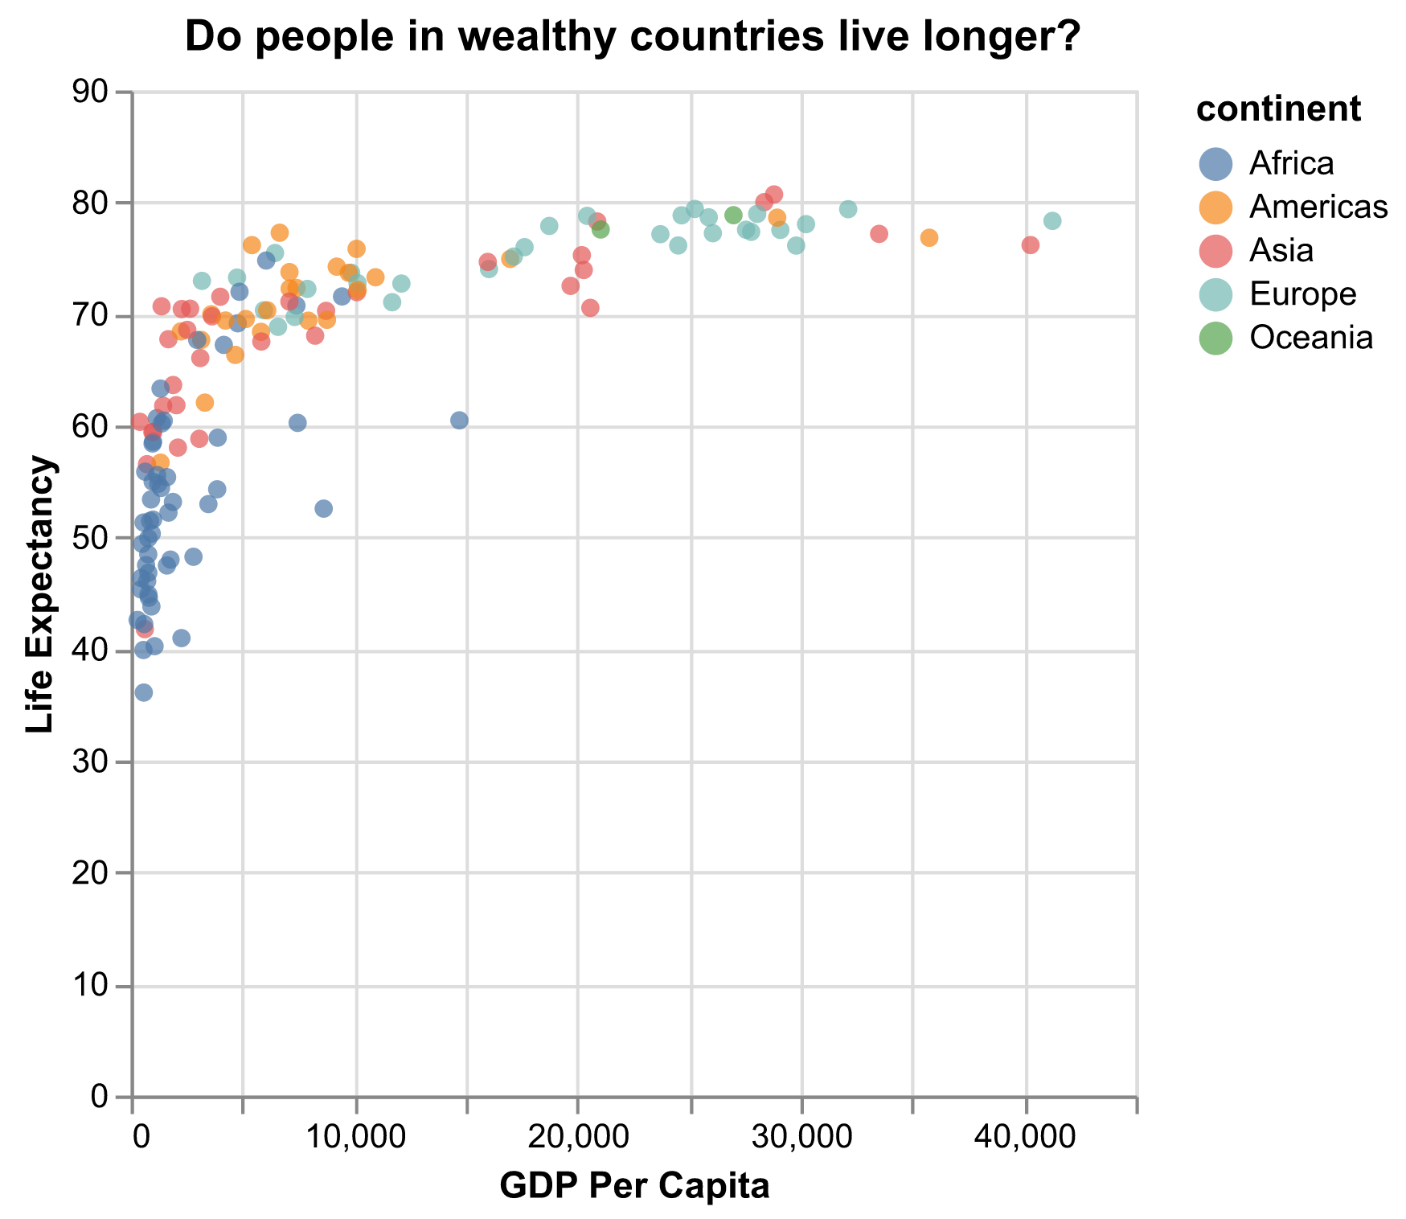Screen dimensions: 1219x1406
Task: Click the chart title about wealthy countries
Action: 633,37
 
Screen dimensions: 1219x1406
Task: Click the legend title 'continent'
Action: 1278,110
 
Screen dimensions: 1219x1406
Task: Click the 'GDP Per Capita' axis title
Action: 634,1187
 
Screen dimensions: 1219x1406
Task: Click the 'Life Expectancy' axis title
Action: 39,594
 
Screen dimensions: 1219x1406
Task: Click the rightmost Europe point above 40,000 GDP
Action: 1051,221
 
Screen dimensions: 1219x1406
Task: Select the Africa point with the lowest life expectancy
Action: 144,692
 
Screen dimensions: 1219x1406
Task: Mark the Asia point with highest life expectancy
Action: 774,195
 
